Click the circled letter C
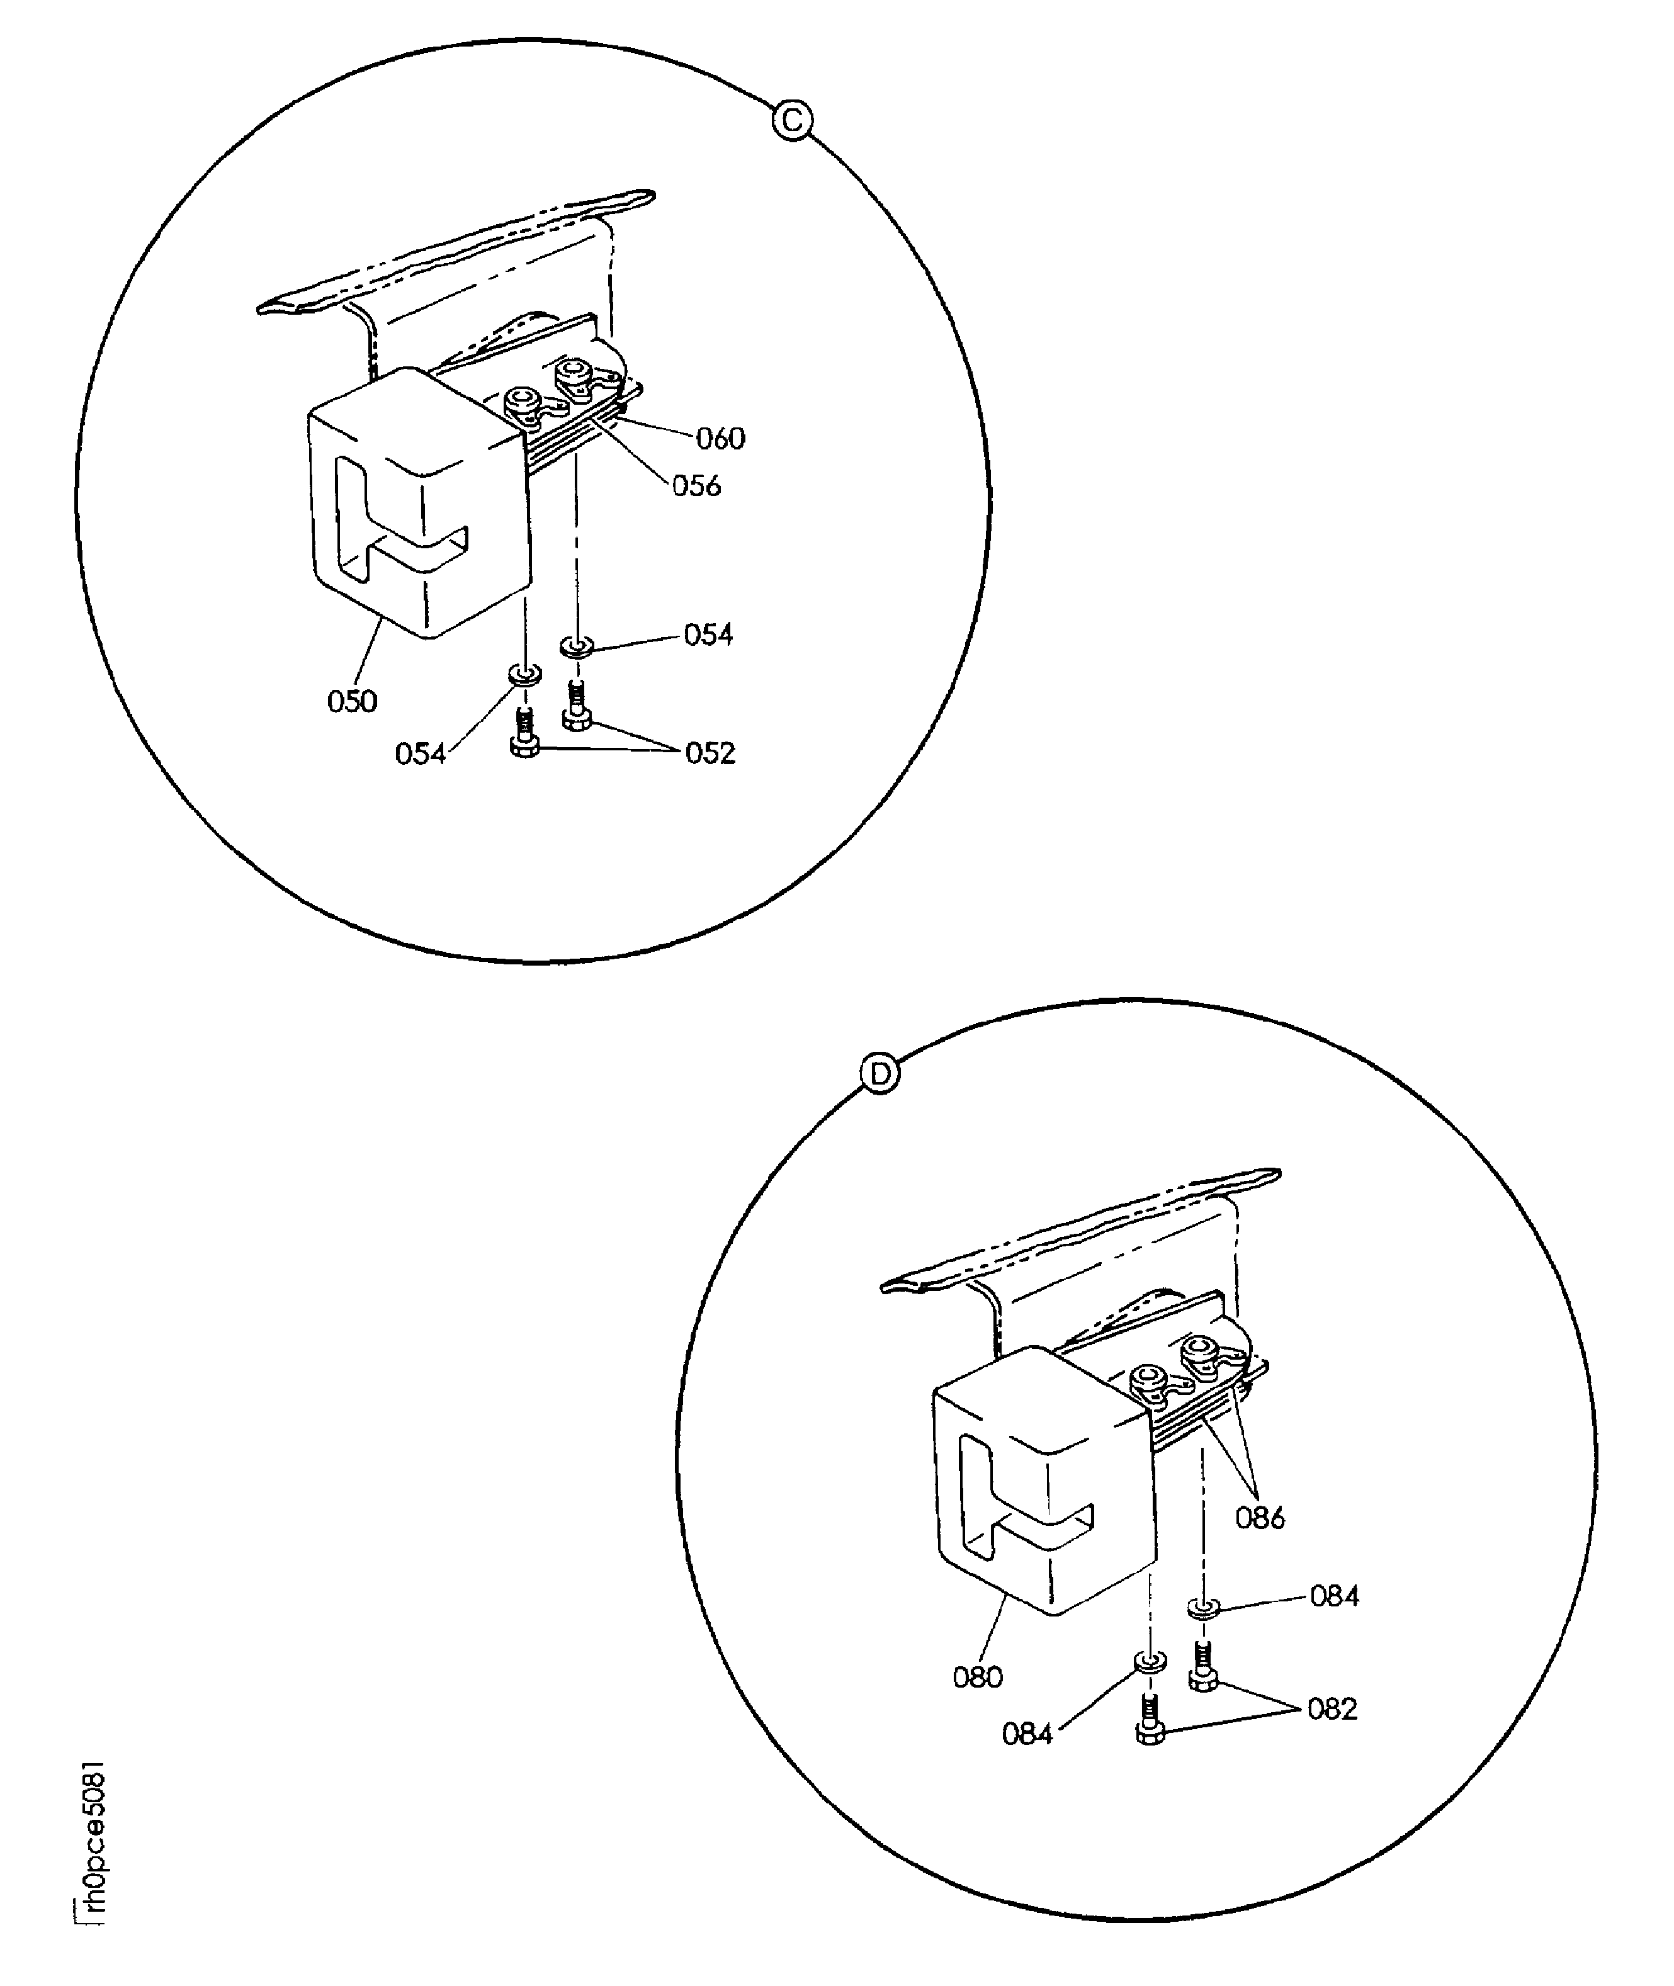click(793, 120)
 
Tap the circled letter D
click(879, 1074)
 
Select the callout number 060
click(720, 438)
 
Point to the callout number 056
click(696, 486)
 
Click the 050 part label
click(352, 701)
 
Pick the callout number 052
click(711, 753)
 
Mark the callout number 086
click(1259, 1518)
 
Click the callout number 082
click(1332, 1709)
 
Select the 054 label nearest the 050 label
click(421, 753)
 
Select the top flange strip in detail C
click(456, 251)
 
